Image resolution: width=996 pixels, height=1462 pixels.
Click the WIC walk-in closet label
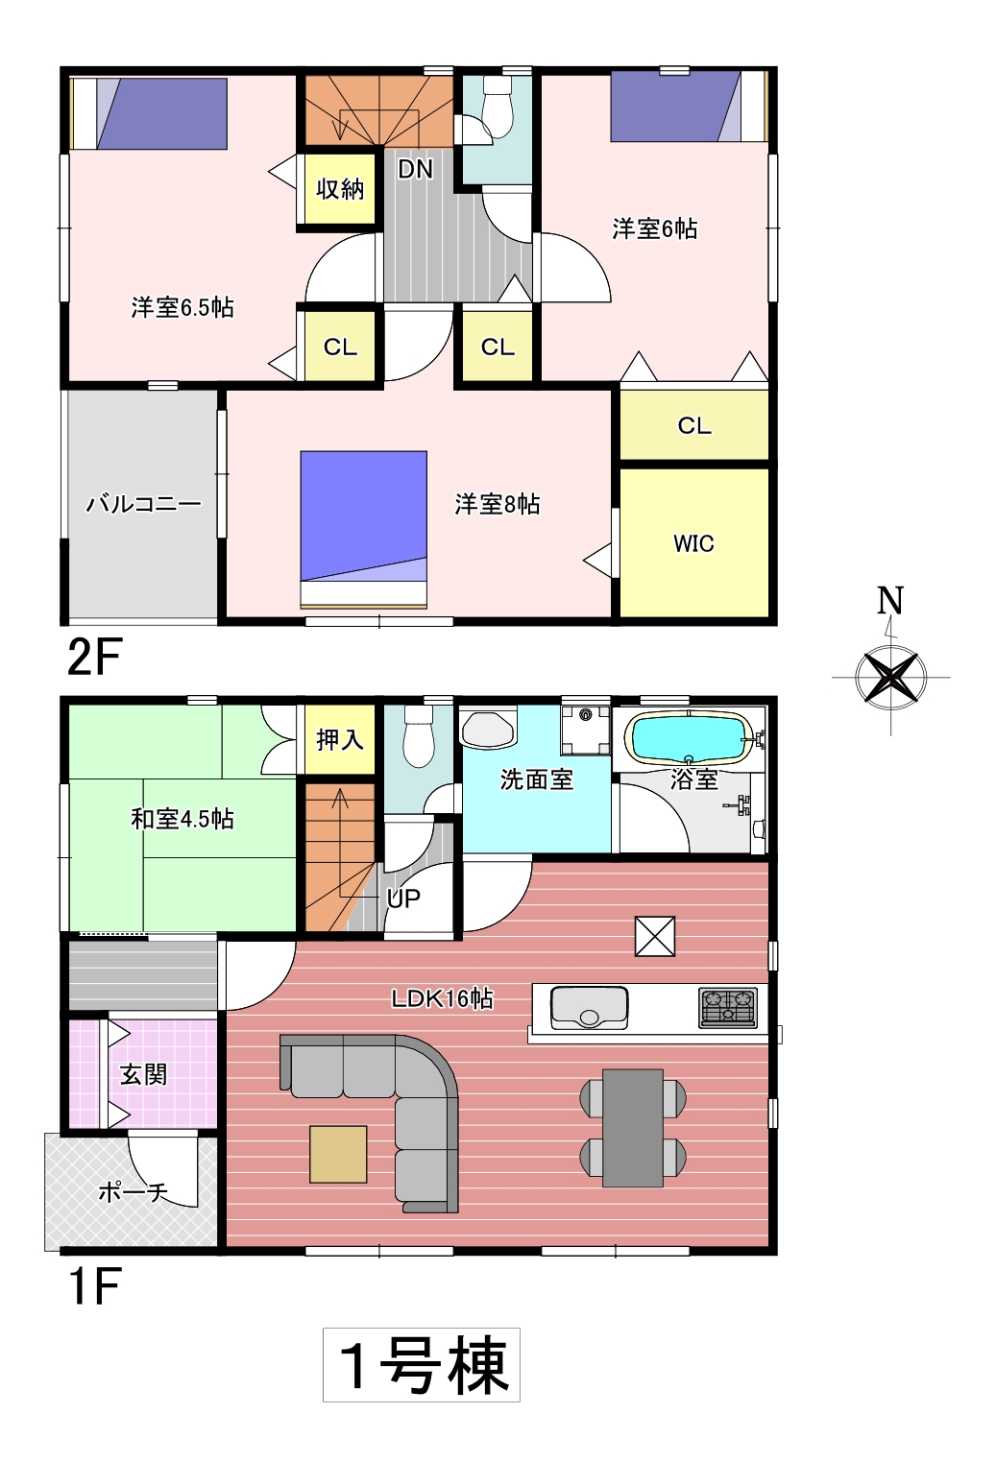pyautogui.click(x=693, y=543)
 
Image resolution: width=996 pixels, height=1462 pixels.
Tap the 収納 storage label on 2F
pyautogui.click(x=340, y=188)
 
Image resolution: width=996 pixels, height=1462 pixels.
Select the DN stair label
pyautogui.click(x=415, y=170)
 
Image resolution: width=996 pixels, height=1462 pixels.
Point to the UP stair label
pyautogui.click(x=403, y=899)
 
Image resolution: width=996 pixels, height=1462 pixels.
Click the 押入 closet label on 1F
pyautogui.click(x=340, y=739)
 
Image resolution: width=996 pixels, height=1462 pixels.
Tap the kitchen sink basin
pyautogui.click(x=589, y=1007)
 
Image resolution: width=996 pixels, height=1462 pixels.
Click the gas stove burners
pyautogui.click(x=728, y=1008)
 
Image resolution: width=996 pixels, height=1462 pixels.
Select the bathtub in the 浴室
pyautogui.click(x=689, y=737)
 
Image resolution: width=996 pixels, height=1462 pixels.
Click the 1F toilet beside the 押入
pyautogui.click(x=419, y=736)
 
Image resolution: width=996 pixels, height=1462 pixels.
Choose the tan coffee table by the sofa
pyautogui.click(x=338, y=1154)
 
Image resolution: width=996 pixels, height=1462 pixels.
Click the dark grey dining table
pyautogui.click(x=633, y=1128)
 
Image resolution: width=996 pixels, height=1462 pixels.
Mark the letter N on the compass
pyautogui.click(x=890, y=601)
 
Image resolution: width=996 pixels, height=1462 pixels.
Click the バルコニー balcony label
pyautogui.click(x=144, y=504)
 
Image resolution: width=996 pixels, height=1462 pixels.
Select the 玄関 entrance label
pyautogui.click(x=143, y=1074)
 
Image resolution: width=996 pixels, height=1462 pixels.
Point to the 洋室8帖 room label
pyautogui.click(x=497, y=505)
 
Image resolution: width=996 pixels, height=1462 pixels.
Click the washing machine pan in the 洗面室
pyautogui.click(x=586, y=731)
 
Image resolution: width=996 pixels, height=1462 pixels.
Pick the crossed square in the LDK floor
pyautogui.click(x=655, y=936)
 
